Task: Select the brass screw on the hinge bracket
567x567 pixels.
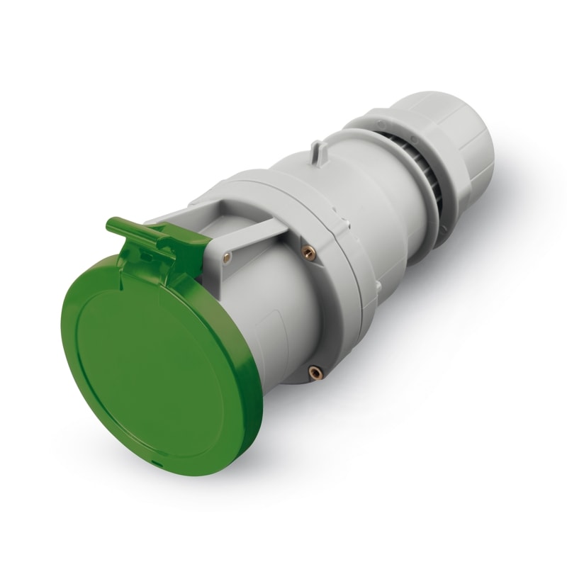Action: (x=226, y=259)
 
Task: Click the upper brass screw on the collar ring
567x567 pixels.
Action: (x=308, y=251)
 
